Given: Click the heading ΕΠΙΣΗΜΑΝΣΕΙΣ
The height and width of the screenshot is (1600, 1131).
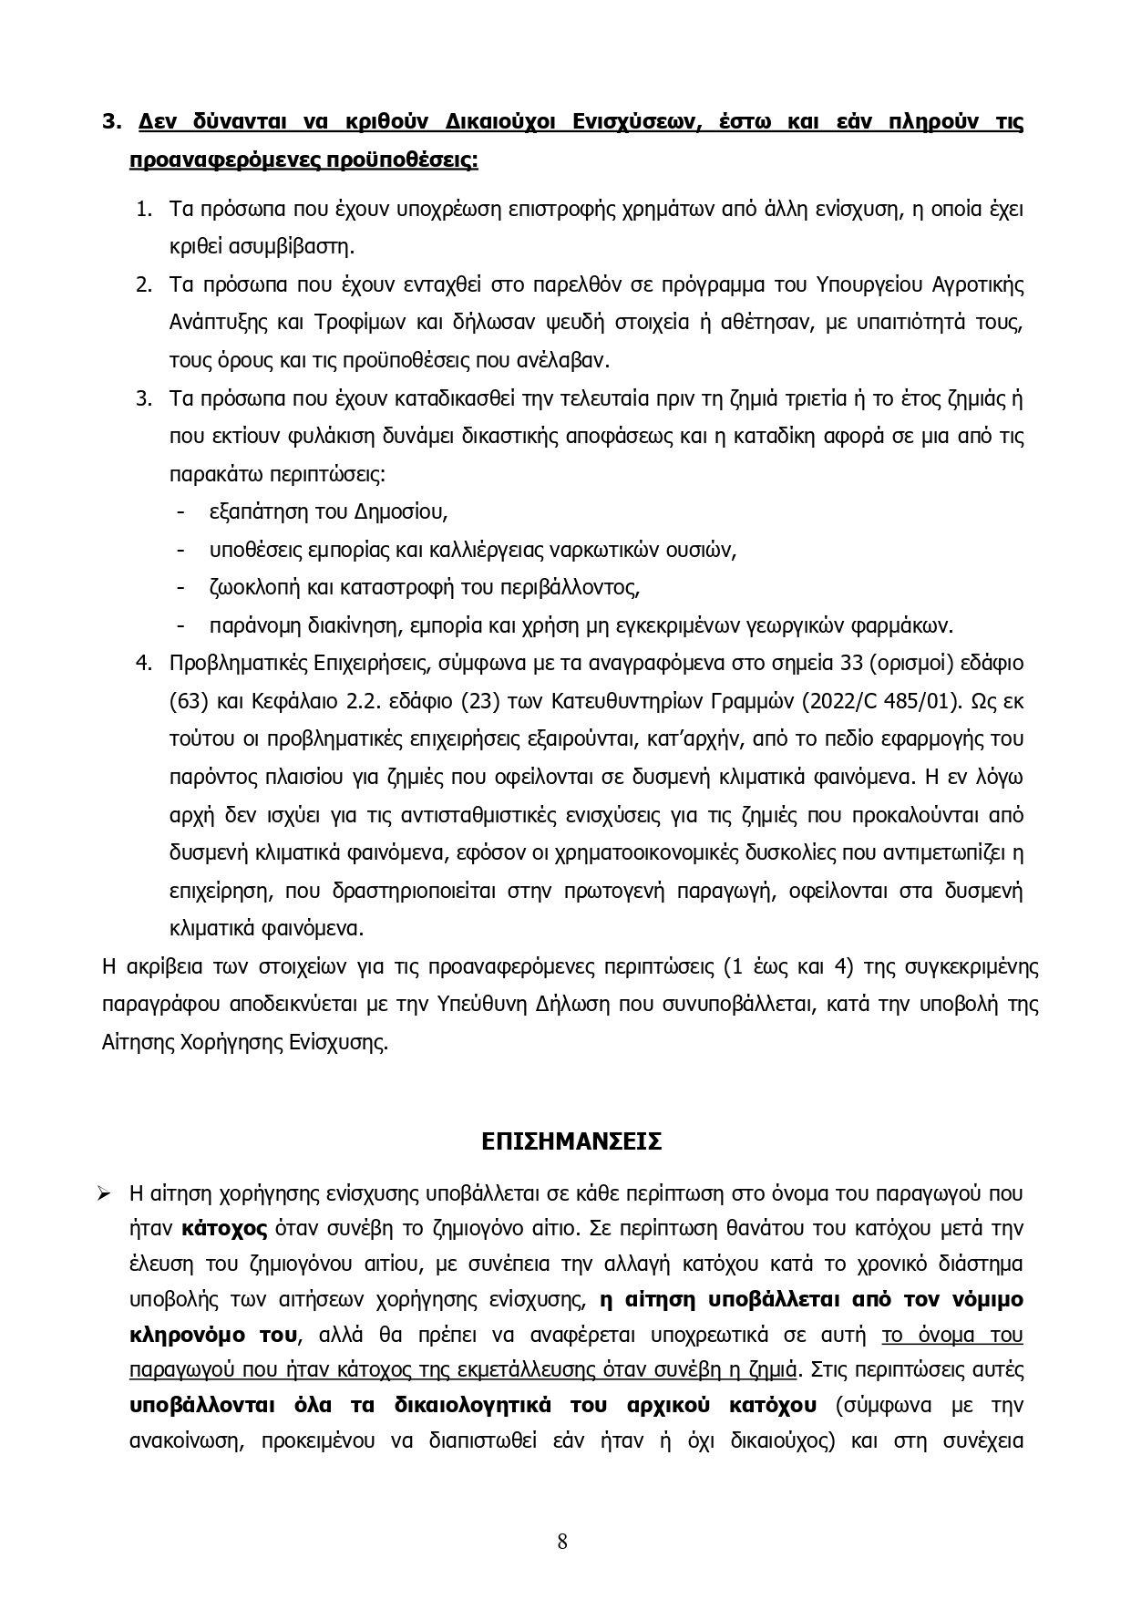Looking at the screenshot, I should tap(571, 1141).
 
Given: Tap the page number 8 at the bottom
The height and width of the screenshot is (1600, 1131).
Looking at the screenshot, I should tap(562, 1542).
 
